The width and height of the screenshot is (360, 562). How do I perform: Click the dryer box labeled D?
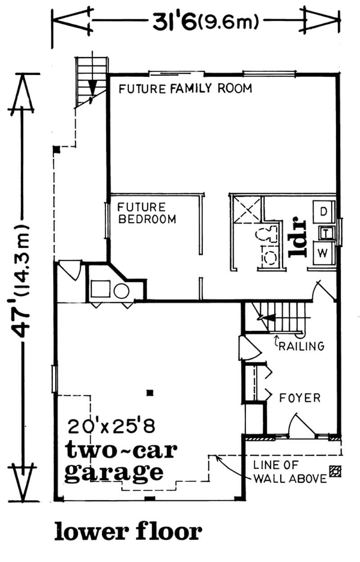[323, 211]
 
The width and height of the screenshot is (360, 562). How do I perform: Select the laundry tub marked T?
[324, 232]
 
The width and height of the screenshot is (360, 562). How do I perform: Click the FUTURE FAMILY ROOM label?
[185, 88]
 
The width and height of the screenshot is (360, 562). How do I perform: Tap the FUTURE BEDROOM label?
[146, 213]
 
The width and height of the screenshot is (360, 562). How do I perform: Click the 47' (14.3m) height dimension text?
[21, 279]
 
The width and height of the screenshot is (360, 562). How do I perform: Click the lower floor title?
[128, 532]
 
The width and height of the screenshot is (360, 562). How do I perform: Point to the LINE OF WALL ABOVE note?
[289, 472]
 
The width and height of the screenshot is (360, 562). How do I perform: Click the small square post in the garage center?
[151, 392]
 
